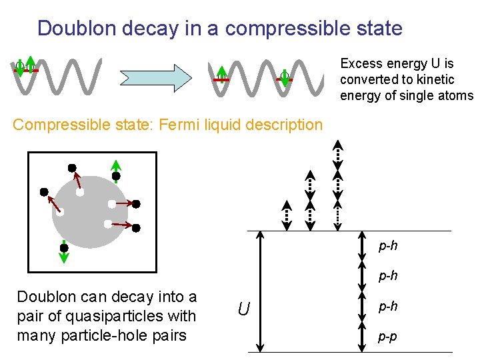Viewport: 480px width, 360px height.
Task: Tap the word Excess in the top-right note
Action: [x=361, y=64]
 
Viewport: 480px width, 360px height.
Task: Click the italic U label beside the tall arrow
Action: [x=244, y=309]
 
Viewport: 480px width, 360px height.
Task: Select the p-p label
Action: [x=388, y=337]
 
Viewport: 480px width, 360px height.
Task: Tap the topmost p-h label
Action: [x=388, y=246]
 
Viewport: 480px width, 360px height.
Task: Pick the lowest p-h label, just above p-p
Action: [x=388, y=306]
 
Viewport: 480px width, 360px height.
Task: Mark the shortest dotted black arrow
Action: [x=285, y=215]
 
